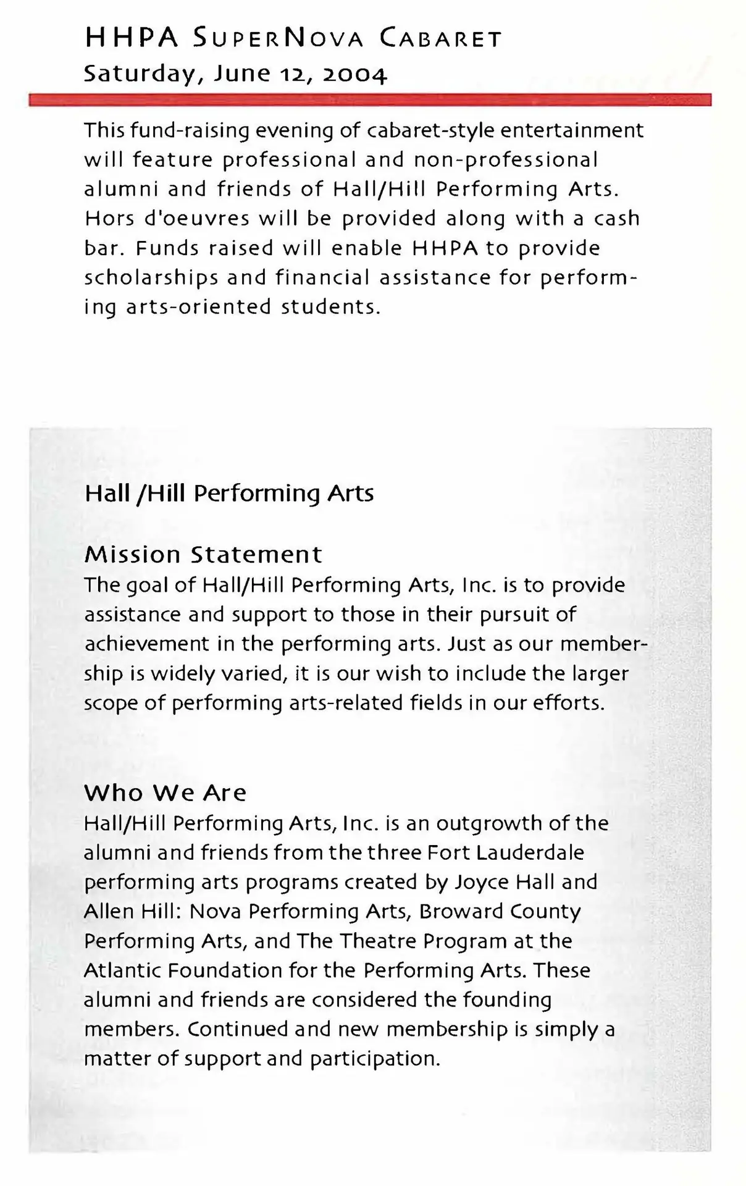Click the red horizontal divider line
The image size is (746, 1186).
(x=371, y=100)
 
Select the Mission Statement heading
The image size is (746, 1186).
(x=203, y=554)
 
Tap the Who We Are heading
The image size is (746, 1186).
(x=166, y=793)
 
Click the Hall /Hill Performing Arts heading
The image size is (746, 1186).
(x=229, y=494)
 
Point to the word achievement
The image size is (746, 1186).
(x=148, y=644)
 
